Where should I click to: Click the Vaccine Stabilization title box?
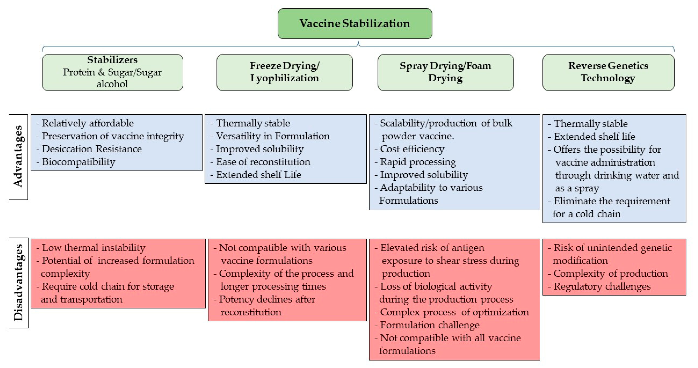[x=355, y=24]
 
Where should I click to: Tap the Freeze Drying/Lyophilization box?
[x=285, y=72]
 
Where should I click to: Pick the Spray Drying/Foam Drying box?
[x=445, y=72]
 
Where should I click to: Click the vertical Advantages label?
[x=18, y=156]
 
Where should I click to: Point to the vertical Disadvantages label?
[x=18, y=282]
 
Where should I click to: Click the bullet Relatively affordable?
[x=87, y=123]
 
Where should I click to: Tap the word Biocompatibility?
[x=78, y=162]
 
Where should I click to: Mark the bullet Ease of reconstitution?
[x=263, y=162]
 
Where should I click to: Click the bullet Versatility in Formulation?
[x=273, y=136]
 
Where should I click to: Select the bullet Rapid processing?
[x=418, y=162]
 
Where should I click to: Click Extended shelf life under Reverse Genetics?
[x=594, y=136]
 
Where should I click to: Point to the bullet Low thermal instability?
[x=93, y=248]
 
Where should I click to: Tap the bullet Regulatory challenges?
[x=602, y=286]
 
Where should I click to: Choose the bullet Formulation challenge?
[x=429, y=325]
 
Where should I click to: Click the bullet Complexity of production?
[x=610, y=274]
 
